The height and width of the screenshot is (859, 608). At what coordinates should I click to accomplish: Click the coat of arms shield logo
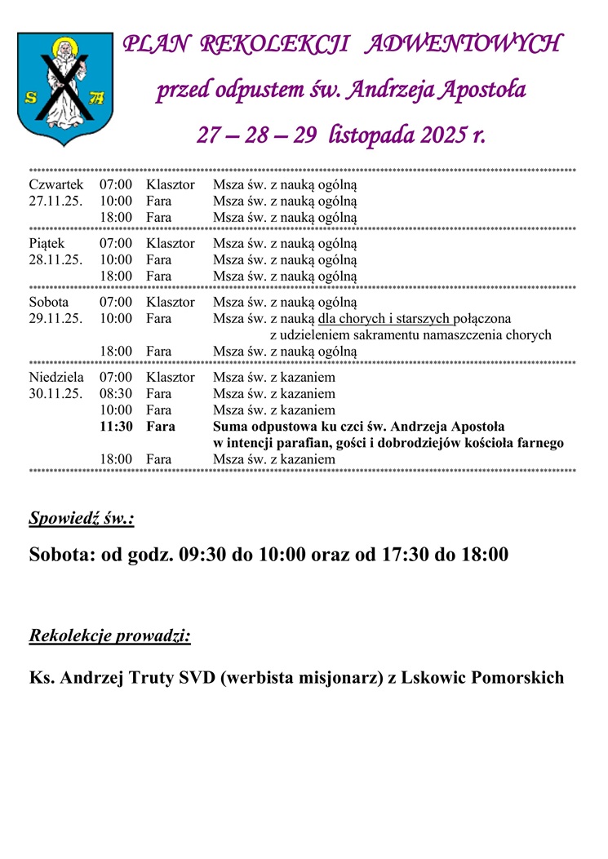point(64,88)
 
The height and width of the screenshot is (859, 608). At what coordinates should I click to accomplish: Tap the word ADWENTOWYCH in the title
point(463,45)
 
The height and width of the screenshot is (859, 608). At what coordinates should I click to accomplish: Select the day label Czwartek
point(55,185)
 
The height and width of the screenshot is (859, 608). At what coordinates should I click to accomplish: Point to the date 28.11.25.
point(55,259)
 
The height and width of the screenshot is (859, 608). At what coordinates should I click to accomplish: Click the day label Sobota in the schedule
point(48,302)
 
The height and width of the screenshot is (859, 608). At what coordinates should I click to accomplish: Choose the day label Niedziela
point(56,378)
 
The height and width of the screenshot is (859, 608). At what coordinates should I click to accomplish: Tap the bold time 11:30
point(116,427)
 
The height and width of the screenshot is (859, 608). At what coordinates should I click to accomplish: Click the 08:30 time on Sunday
point(116,394)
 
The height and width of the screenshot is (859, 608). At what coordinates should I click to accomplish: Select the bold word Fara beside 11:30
point(160,427)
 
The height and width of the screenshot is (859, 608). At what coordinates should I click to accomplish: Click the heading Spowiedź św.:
point(82,518)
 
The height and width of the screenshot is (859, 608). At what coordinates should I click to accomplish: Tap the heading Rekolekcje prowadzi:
point(109,635)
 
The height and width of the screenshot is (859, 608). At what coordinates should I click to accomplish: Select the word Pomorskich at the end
point(518,678)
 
